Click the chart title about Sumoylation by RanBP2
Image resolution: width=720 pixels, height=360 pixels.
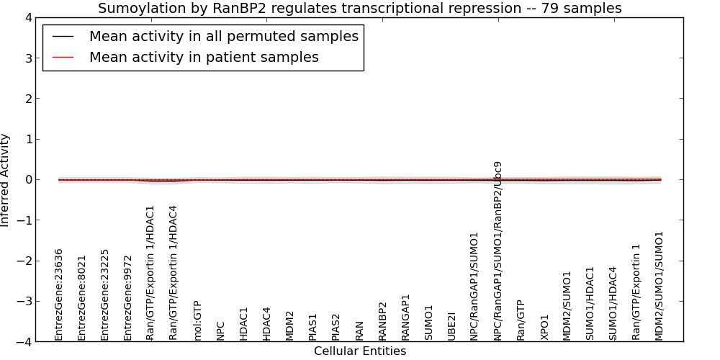[x=359, y=8]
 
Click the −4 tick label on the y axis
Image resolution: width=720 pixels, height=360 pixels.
[x=27, y=342]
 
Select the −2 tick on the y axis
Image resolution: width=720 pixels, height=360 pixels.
[x=27, y=261]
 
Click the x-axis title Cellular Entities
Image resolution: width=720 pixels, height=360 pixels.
[x=360, y=351]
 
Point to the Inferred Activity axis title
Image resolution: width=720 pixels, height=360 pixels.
[x=4, y=180]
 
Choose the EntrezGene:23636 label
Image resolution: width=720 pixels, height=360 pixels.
[x=58, y=294]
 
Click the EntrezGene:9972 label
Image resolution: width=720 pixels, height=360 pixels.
[x=127, y=298]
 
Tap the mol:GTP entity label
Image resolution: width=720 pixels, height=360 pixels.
[x=197, y=320]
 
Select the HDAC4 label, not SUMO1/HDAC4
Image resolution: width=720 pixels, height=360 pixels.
[x=267, y=324]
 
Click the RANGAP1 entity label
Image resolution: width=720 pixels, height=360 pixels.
[x=405, y=318]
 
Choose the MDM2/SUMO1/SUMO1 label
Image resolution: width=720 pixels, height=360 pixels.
[x=660, y=286]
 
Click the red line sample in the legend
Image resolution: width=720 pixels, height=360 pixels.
[x=63, y=57]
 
